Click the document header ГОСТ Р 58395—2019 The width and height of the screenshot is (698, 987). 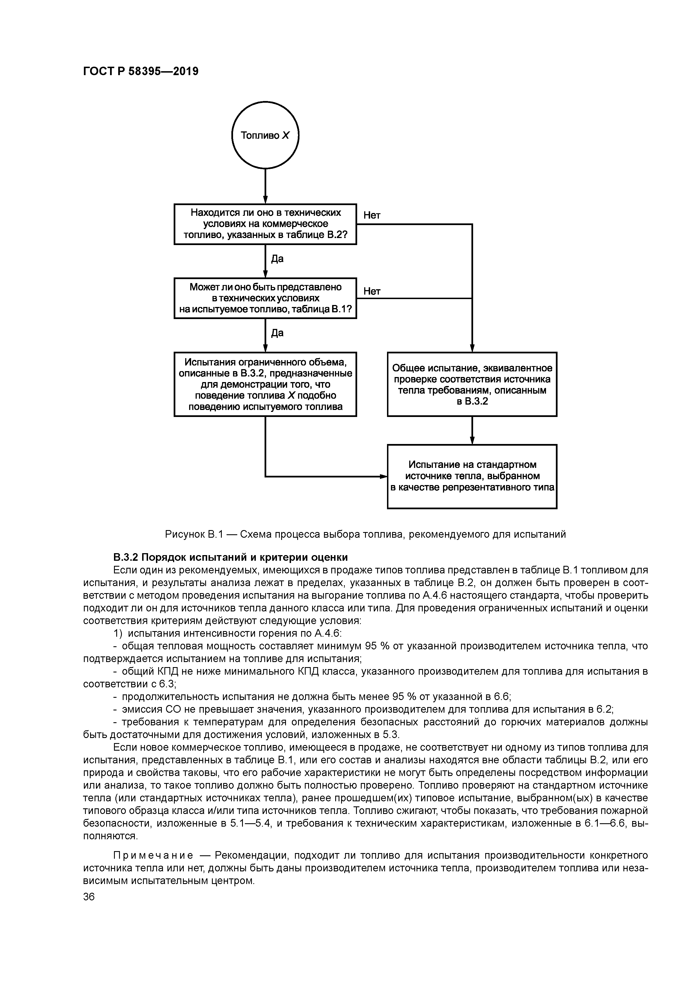click(x=141, y=71)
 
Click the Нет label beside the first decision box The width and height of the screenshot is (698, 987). click(x=372, y=215)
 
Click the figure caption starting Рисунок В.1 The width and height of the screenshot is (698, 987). click(x=365, y=534)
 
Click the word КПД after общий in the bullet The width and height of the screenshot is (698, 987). click(x=158, y=672)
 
